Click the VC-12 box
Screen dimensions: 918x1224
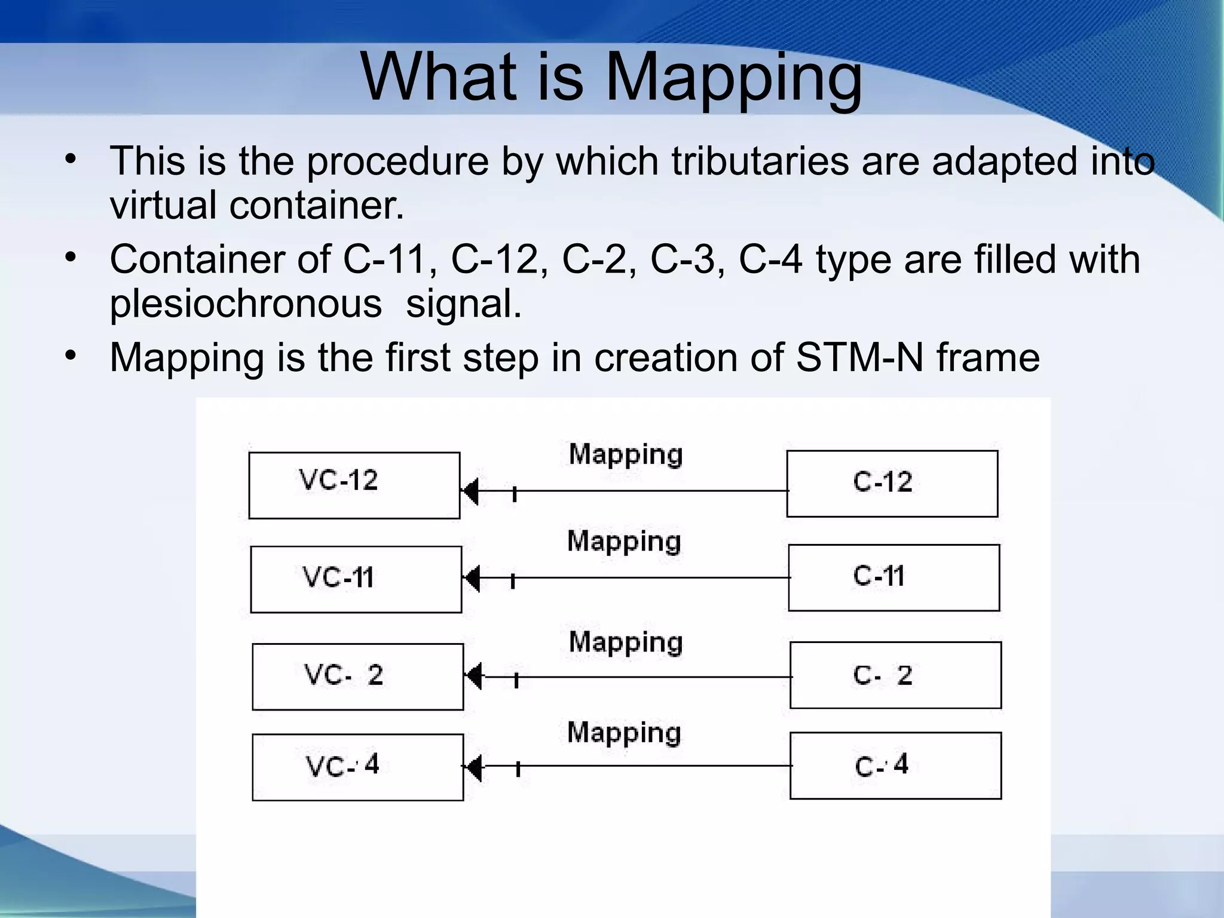(x=354, y=485)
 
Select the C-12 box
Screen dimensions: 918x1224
(x=892, y=484)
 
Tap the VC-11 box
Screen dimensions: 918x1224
(x=356, y=579)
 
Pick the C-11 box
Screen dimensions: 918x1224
(x=893, y=577)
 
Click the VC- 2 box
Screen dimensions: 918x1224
(x=357, y=677)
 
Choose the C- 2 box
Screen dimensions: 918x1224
(x=895, y=675)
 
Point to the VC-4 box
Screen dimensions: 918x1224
(x=357, y=767)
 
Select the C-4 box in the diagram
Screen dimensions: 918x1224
(x=895, y=766)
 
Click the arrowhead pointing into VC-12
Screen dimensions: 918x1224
(x=470, y=491)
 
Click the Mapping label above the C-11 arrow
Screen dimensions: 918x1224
(x=624, y=541)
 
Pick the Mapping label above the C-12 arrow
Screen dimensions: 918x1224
(x=625, y=455)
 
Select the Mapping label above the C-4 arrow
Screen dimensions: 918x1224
(x=624, y=733)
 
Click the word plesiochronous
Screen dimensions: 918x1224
(x=246, y=304)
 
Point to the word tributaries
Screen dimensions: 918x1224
(x=760, y=161)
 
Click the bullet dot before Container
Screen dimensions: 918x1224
(x=71, y=258)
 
